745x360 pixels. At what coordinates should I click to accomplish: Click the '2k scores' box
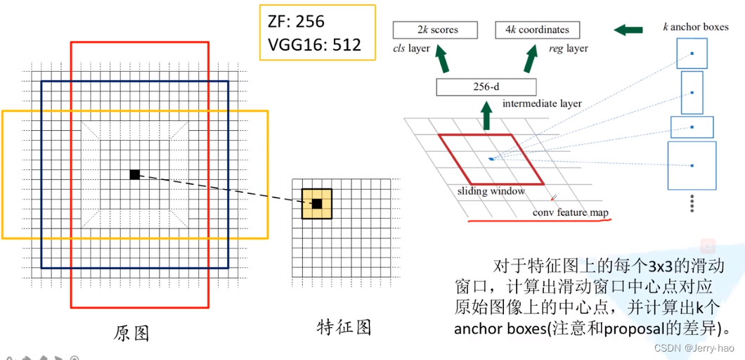[x=435, y=30]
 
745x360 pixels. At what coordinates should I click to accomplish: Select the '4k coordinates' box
[x=537, y=30]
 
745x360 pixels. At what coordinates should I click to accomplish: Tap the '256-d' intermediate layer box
[x=486, y=87]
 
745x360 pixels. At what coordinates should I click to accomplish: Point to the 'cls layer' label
[x=412, y=49]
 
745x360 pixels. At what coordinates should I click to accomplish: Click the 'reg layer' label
[x=568, y=49]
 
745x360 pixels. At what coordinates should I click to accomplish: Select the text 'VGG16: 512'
[x=315, y=45]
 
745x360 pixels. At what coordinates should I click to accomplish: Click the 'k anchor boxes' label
[x=696, y=27]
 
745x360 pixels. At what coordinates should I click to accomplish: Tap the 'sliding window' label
[x=491, y=191]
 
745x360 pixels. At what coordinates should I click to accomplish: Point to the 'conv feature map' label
[x=569, y=212]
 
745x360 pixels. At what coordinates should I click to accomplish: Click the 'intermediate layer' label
[x=542, y=103]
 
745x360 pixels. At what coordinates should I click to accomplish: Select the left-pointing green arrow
[x=628, y=30]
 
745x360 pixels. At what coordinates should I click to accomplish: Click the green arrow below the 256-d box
[x=486, y=115]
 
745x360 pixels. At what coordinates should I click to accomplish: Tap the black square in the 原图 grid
[x=134, y=174]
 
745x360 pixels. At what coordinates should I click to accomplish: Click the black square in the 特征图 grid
[x=317, y=204]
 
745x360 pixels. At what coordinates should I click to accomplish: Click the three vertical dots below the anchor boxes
[x=692, y=203]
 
